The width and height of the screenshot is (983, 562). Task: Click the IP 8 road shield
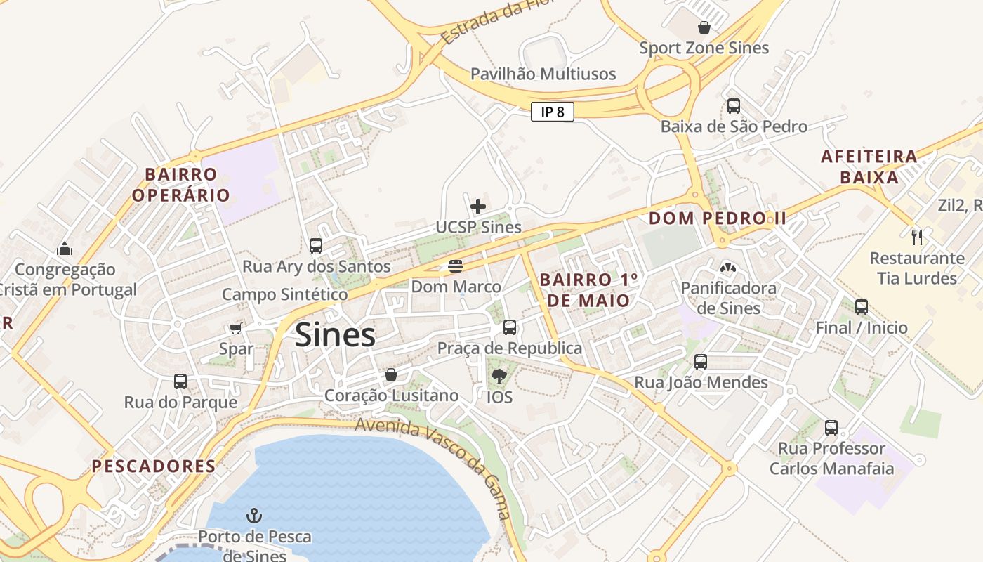[553, 112]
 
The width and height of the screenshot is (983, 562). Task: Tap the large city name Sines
[335, 335]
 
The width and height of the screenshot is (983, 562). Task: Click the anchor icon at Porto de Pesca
[254, 516]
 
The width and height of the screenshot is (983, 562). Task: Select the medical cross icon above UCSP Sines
[478, 207]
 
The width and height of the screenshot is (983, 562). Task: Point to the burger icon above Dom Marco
[456, 266]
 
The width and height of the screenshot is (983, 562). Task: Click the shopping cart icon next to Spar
[235, 328]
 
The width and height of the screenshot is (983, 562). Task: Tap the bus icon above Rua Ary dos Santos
[316, 246]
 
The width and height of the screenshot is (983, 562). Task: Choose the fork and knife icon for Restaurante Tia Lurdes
[916, 237]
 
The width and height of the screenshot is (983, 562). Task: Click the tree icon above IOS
[499, 377]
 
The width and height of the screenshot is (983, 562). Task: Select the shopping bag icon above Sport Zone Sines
[704, 27]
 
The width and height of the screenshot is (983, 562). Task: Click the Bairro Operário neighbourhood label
[181, 184]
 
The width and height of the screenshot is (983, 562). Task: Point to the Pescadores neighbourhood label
[154, 466]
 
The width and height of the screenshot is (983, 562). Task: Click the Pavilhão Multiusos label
[543, 74]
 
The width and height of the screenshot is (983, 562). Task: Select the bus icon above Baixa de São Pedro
[734, 106]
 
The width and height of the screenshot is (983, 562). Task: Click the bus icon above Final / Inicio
[862, 307]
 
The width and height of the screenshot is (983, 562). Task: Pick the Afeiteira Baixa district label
[869, 166]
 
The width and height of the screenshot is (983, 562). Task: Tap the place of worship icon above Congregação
[65, 249]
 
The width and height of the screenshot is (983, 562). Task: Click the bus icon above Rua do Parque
[180, 381]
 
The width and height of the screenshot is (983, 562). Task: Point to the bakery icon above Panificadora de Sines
[727, 267]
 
